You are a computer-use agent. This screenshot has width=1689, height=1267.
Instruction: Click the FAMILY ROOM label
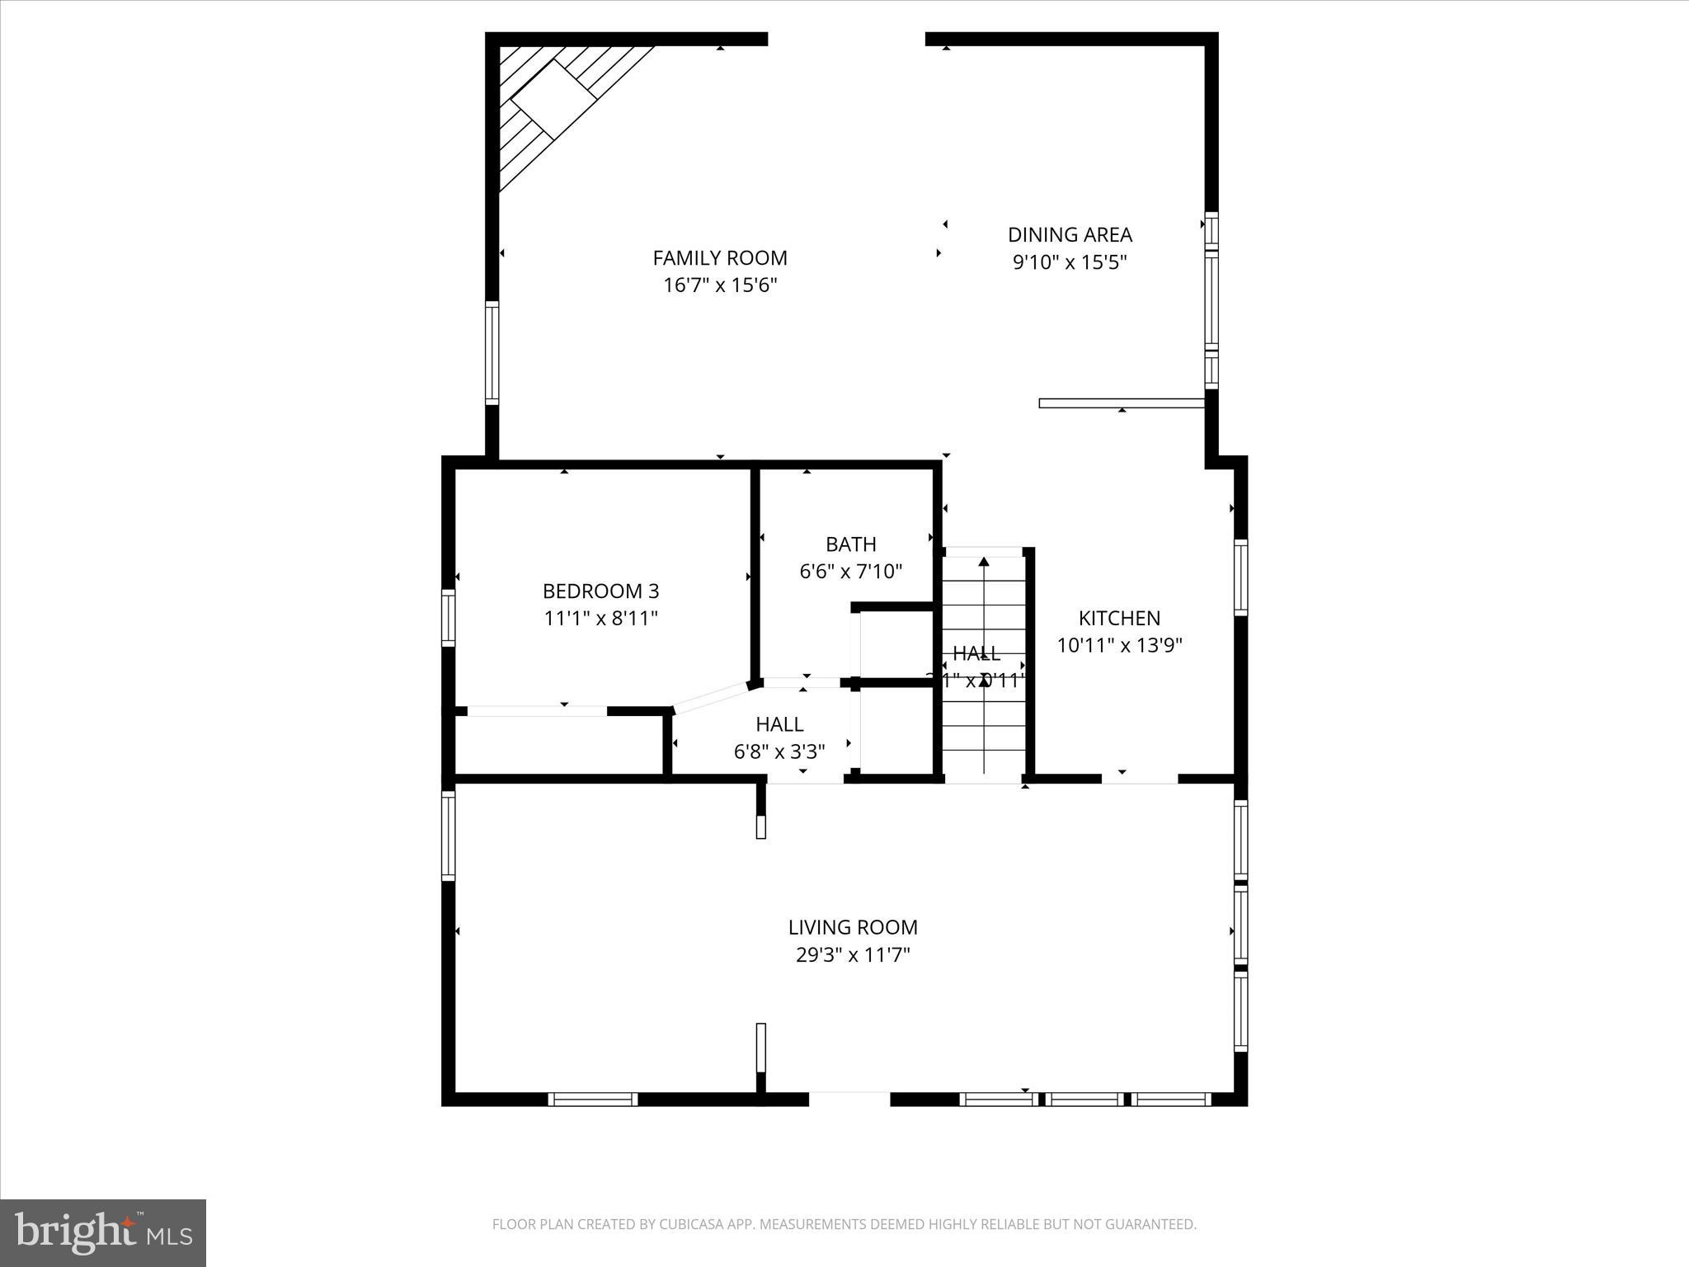pos(720,258)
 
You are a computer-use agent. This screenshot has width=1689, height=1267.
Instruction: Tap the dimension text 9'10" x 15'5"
pos(1070,262)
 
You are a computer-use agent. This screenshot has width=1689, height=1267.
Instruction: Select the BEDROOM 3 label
pos(600,591)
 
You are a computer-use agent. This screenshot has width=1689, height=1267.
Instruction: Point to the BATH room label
pos(850,544)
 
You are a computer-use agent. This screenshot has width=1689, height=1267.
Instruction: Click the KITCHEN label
pos(1119,618)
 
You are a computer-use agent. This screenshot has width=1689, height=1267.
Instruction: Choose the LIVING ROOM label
pos(853,927)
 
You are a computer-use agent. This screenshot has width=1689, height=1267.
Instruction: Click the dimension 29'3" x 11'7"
pos(853,955)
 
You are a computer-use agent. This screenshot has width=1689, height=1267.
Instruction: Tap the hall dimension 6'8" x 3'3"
pos(779,751)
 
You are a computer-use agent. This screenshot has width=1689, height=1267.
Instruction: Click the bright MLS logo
pos(103,1233)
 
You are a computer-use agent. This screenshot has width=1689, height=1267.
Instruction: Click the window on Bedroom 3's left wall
pos(448,617)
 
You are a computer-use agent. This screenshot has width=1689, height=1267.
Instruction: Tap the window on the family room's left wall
pos(492,352)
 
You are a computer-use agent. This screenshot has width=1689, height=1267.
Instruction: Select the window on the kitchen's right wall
pos(1240,577)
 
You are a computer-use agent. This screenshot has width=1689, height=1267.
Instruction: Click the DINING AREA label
pos(1070,235)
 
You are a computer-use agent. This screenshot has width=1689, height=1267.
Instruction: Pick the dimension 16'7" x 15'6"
pos(720,285)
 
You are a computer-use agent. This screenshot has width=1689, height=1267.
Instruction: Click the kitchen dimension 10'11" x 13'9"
pos(1119,645)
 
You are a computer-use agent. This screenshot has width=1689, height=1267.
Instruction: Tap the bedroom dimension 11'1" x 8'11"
pos(600,618)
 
